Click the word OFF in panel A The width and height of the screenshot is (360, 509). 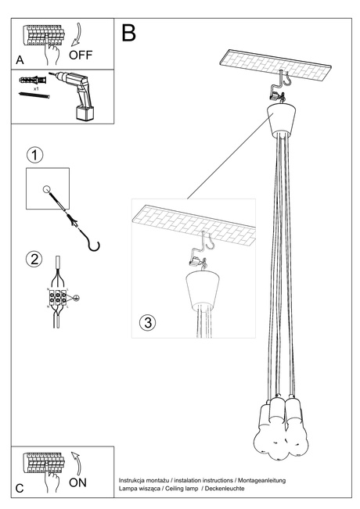tap(81, 56)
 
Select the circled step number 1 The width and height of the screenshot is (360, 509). tap(34, 154)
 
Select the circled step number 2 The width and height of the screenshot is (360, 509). tap(34, 260)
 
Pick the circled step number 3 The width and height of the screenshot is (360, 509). tap(149, 322)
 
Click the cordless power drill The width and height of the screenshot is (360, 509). tap(76, 94)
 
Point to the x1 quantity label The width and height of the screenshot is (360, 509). tap(37, 89)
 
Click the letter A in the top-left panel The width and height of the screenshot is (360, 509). tap(19, 59)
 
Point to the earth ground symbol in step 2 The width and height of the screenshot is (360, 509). tap(76, 297)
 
